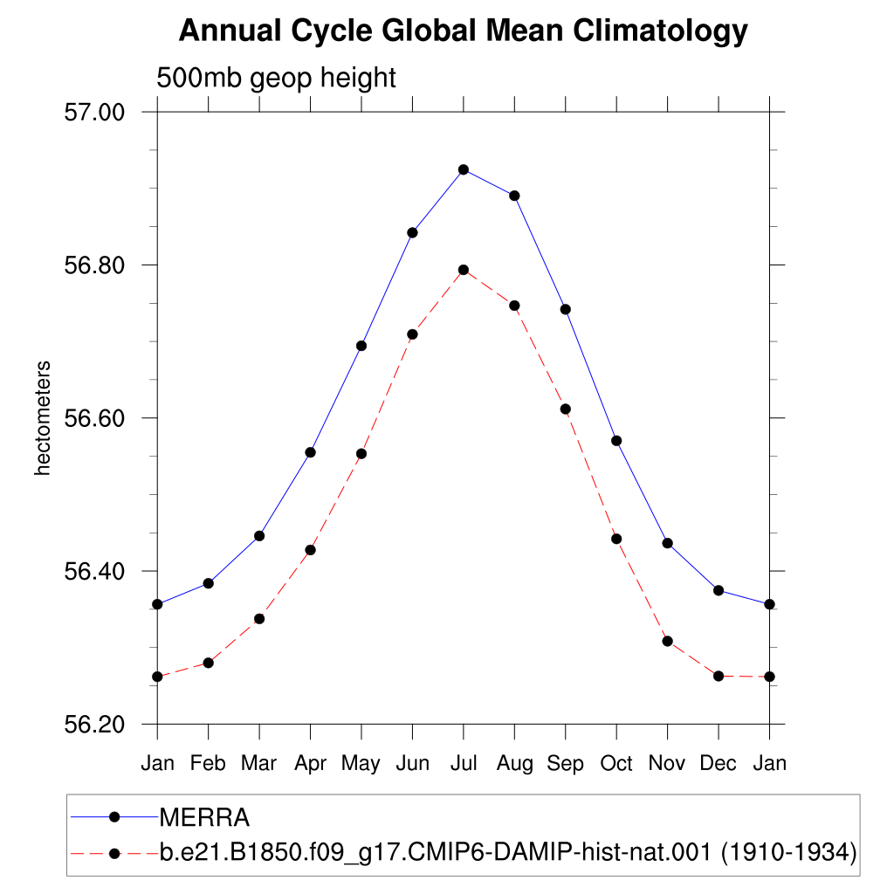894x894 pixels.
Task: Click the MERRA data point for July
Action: (x=464, y=170)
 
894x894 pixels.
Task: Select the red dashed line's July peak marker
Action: (x=464, y=270)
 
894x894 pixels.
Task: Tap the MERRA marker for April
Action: (x=310, y=453)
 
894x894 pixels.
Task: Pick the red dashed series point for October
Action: (x=616, y=539)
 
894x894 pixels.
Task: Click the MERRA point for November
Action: (x=668, y=543)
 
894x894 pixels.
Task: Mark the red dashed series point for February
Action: (x=208, y=664)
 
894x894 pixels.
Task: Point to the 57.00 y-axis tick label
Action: (x=94, y=113)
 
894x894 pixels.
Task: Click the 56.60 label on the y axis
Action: (x=94, y=418)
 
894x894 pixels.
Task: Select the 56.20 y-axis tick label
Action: (x=94, y=725)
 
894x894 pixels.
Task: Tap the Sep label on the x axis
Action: (x=565, y=763)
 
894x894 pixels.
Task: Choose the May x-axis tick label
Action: (x=361, y=763)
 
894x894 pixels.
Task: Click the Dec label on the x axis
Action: (x=718, y=763)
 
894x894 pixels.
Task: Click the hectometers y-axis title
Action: (x=43, y=418)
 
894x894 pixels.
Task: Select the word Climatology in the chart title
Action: (x=660, y=31)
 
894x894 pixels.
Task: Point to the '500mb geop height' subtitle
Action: (x=276, y=78)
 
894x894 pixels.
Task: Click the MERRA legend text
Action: (x=204, y=817)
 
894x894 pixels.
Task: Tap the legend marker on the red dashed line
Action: (x=114, y=854)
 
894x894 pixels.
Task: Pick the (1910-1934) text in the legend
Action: (x=789, y=852)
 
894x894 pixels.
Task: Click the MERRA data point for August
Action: (x=514, y=196)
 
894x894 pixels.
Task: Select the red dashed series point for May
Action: (x=361, y=454)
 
